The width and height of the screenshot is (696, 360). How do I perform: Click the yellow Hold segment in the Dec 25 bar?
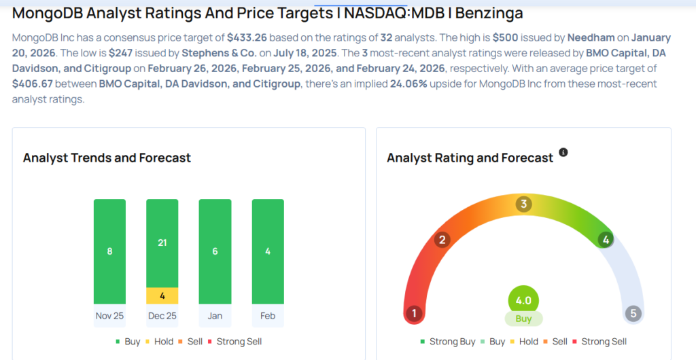pyautogui.click(x=162, y=295)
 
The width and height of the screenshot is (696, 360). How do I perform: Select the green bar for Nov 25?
pyautogui.click(x=109, y=251)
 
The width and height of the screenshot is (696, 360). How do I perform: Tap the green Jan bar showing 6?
pyautogui.click(x=215, y=251)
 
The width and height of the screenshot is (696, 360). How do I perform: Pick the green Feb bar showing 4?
pyautogui.click(x=268, y=251)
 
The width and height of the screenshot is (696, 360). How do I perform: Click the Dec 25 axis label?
pyautogui.click(x=162, y=316)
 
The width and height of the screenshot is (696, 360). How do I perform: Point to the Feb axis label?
pyautogui.click(x=268, y=316)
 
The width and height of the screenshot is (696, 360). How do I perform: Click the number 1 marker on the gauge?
pyautogui.click(x=413, y=313)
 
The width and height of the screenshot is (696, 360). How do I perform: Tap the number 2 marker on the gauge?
pyautogui.click(x=442, y=239)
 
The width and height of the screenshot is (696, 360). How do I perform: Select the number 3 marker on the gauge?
pyautogui.click(x=523, y=204)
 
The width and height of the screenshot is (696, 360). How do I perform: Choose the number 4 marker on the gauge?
pyautogui.click(x=605, y=239)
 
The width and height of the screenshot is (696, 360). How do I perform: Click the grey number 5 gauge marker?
pyautogui.click(x=633, y=313)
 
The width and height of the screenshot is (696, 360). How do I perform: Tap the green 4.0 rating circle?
pyautogui.click(x=523, y=300)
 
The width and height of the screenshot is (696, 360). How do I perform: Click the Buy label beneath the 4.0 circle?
pyautogui.click(x=523, y=319)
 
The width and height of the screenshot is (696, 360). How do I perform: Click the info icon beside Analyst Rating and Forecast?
pyautogui.click(x=563, y=152)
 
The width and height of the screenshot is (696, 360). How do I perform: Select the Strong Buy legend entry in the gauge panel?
pyautogui.click(x=448, y=342)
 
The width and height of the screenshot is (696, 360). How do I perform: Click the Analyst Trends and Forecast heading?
pyautogui.click(x=107, y=158)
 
